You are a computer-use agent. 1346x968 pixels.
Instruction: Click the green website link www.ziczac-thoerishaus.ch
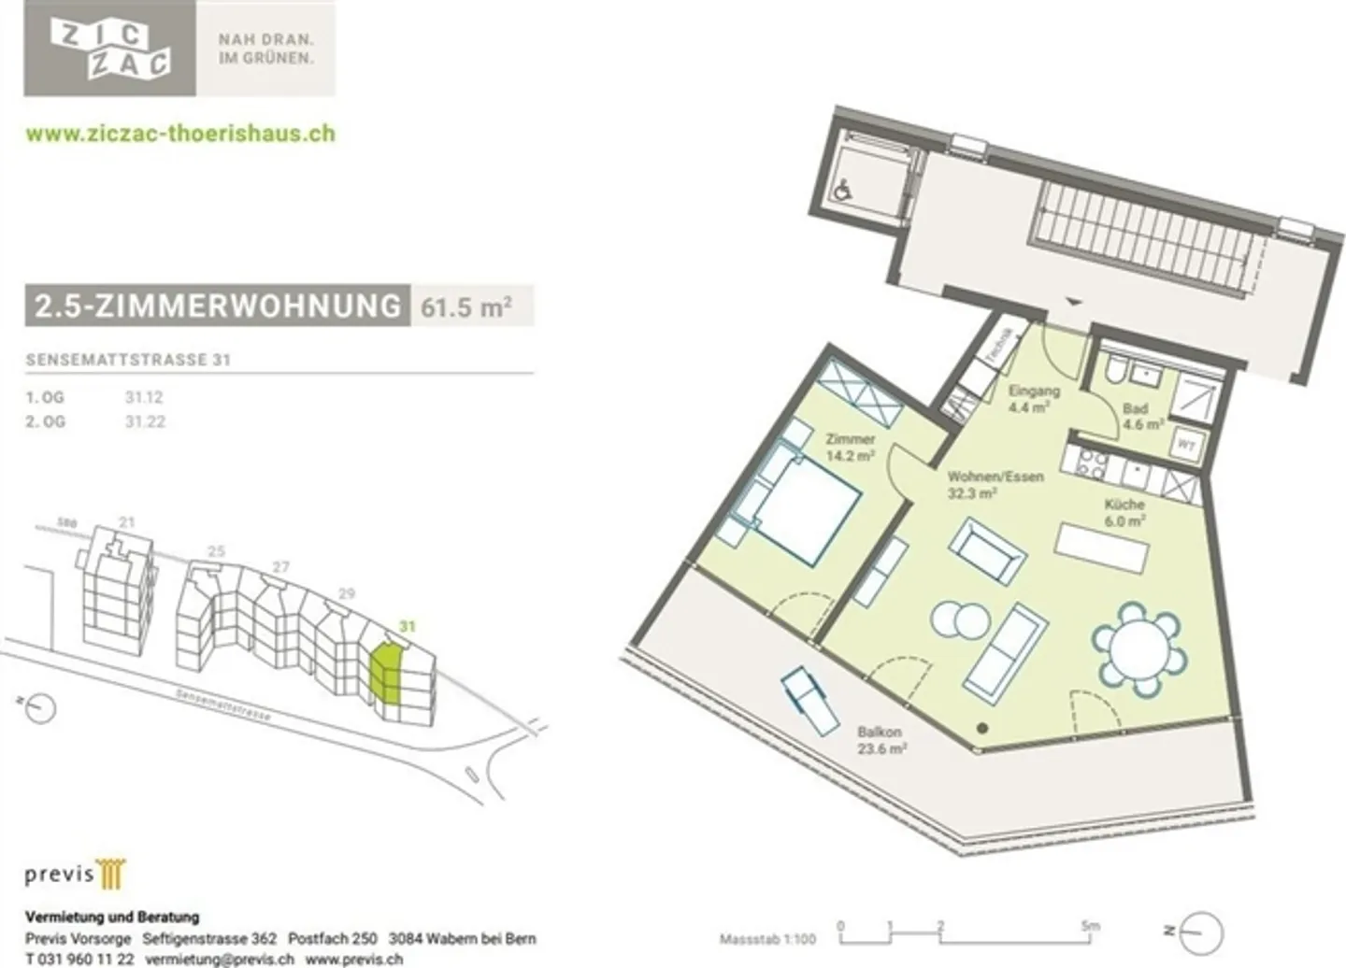coord(180,133)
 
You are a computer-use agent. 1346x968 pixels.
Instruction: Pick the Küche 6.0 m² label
coord(1124,512)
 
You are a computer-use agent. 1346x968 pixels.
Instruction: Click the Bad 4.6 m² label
coord(1139,416)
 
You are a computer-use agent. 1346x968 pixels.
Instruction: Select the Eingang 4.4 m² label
coord(1033,399)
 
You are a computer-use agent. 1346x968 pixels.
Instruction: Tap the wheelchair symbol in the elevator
coord(843,190)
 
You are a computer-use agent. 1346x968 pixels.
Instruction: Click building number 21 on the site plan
coord(127,522)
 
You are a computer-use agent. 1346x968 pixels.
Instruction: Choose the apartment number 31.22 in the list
coord(145,421)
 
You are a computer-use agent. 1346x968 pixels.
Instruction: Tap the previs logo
coord(75,874)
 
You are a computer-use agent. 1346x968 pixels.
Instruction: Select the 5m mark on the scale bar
coord(1090,927)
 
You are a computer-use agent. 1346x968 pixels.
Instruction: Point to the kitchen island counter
coord(1102,548)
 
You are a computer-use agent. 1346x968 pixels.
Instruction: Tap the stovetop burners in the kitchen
coord(1092,462)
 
